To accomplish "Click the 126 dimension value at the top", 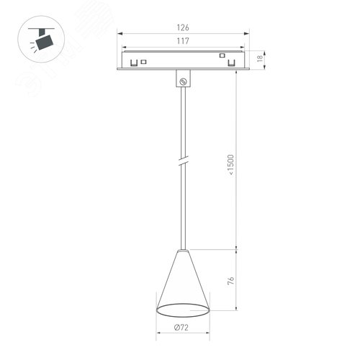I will pyautogui.click(x=183, y=28).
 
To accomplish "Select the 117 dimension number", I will pyautogui.click(x=183, y=42).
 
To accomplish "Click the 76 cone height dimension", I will pyautogui.click(x=230, y=282).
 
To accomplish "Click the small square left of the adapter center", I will pyautogui.click(x=143, y=60).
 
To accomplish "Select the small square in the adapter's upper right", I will pyautogui.click(x=222, y=55).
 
